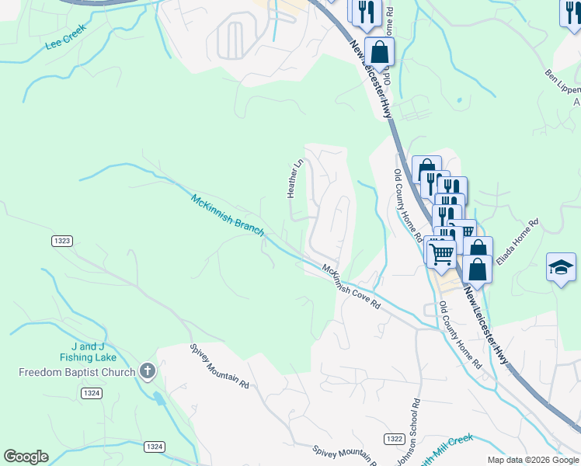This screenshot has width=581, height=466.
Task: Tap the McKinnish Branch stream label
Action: click(x=228, y=215)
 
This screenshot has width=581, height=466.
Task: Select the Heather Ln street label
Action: click(x=294, y=179)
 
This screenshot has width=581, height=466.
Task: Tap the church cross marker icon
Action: click(x=148, y=371)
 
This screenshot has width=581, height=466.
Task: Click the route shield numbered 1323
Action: click(x=63, y=242)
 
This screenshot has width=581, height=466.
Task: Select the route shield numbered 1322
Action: click(x=394, y=440)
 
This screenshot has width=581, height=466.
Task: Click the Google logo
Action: click(x=26, y=457)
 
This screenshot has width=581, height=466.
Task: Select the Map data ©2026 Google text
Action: click(x=533, y=460)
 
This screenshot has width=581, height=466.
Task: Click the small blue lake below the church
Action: click(x=159, y=399)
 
